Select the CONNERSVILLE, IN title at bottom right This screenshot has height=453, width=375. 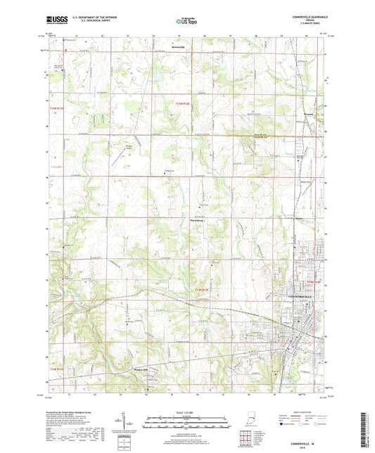(x=302, y=443)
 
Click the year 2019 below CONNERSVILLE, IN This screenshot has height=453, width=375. (x=302, y=447)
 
